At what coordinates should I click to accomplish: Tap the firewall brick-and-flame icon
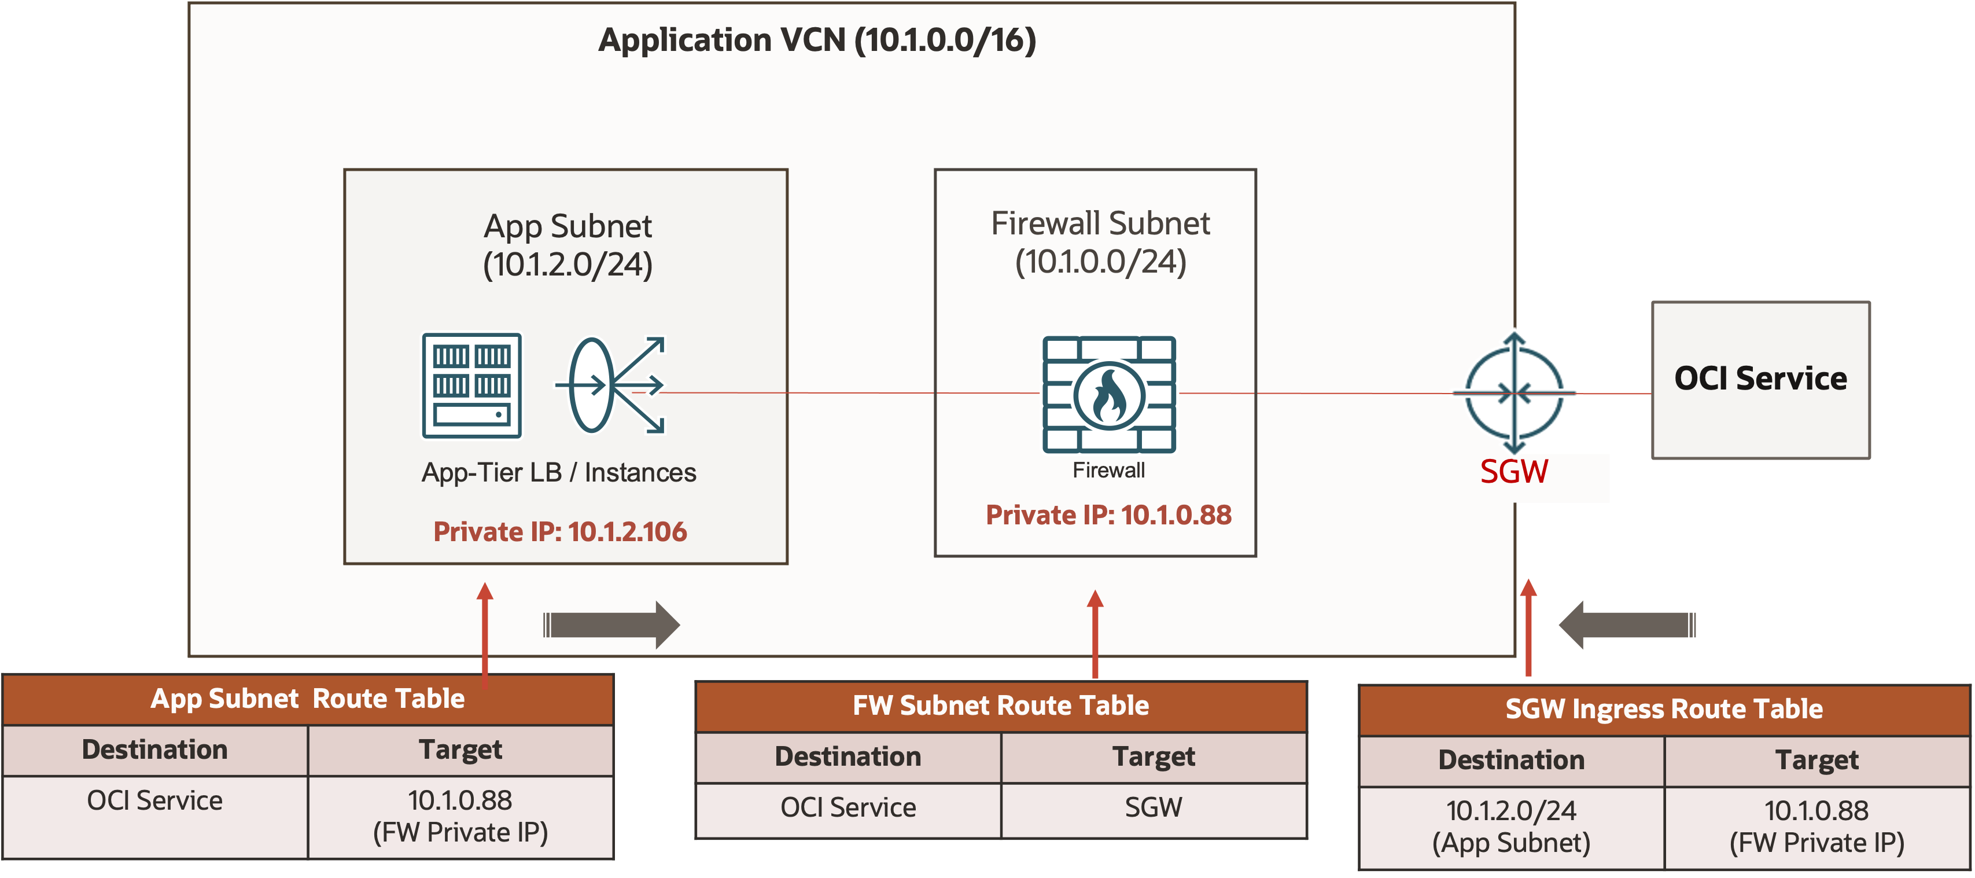point(1108,394)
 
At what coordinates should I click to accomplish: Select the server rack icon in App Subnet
point(471,385)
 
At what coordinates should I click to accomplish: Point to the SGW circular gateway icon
point(1514,392)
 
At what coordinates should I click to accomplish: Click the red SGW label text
point(1513,472)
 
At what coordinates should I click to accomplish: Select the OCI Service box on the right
point(1760,380)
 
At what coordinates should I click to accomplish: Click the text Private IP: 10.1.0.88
point(1108,515)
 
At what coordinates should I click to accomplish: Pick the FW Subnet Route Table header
point(1001,706)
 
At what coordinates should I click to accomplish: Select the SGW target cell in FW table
point(1153,807)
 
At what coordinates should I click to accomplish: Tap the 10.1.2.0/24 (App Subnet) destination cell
point(1511,826)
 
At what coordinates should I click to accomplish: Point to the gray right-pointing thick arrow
point(611,625)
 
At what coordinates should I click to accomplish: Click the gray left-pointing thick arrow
point(1627,625)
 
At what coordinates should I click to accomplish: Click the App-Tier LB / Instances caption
point(559,472)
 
